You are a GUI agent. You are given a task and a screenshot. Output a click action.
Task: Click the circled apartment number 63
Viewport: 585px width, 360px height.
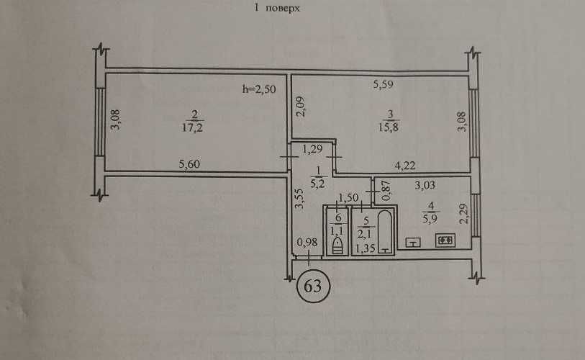pos(313,287)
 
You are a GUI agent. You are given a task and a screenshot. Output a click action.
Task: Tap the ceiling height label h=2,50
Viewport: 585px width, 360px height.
pos(259,89)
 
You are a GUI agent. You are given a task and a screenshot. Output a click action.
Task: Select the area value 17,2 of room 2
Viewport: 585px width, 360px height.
pos(193,127)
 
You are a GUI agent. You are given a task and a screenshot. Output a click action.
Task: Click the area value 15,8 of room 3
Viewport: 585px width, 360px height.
pos(389,127)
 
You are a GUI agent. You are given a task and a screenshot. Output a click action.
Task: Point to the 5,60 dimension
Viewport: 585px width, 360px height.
pos(189,164)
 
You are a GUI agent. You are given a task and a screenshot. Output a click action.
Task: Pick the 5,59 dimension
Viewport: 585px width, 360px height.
pos(383,85)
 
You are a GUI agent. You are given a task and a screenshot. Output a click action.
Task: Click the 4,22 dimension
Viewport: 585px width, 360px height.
pos(405,165)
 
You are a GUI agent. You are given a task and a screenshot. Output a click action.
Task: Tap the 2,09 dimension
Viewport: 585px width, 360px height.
pos(301,107)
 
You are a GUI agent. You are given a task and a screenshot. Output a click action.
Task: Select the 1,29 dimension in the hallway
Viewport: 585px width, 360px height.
pos(312,149)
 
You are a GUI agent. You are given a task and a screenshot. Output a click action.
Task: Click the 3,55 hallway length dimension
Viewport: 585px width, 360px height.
pos(299,199)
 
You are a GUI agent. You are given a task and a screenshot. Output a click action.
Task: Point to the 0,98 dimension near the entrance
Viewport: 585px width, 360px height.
pos(307,243)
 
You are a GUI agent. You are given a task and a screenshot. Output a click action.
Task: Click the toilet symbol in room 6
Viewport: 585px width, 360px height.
pos(337,246)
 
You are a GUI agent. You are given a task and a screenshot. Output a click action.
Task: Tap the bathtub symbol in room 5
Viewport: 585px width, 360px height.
pos(386,233)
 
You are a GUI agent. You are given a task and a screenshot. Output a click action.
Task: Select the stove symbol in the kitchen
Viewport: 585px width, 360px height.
pos(445,240)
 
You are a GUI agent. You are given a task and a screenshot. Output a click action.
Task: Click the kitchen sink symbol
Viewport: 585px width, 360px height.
pos(413,243)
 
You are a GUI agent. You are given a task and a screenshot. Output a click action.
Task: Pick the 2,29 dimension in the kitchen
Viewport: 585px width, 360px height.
pos(463,213)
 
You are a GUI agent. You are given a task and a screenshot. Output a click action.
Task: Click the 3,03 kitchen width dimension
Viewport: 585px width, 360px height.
pos(425,185)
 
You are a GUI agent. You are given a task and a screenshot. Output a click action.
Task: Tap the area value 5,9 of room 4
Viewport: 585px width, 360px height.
pos(430,218)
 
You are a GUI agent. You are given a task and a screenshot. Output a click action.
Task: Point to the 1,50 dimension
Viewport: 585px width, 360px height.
pos(348,197)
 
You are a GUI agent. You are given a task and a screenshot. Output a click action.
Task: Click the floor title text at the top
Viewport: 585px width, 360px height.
pos(277,8)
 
